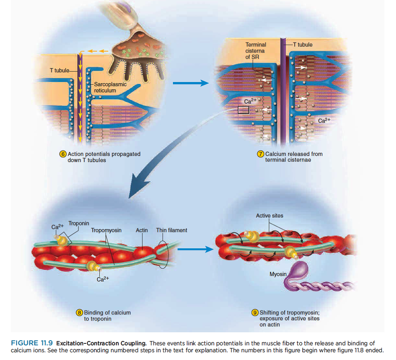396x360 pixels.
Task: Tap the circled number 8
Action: (x=80, y=312)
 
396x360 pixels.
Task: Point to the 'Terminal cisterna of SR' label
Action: (x=255, y=51)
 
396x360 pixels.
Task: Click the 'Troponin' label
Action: (x=79, y=223)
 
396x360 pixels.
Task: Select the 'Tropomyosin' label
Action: (x=106, y=230)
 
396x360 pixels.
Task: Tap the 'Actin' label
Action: (x=142, y=230)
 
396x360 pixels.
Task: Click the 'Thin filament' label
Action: (x=171, y=230)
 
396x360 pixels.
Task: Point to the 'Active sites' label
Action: (x=269, y=215)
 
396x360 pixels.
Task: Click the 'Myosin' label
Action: (x=278, y=274)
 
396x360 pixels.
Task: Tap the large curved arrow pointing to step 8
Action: (x=155, y=162)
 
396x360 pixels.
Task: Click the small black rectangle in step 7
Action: (x=243, y=110)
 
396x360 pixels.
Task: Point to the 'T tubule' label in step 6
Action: (x=59, y=70)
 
